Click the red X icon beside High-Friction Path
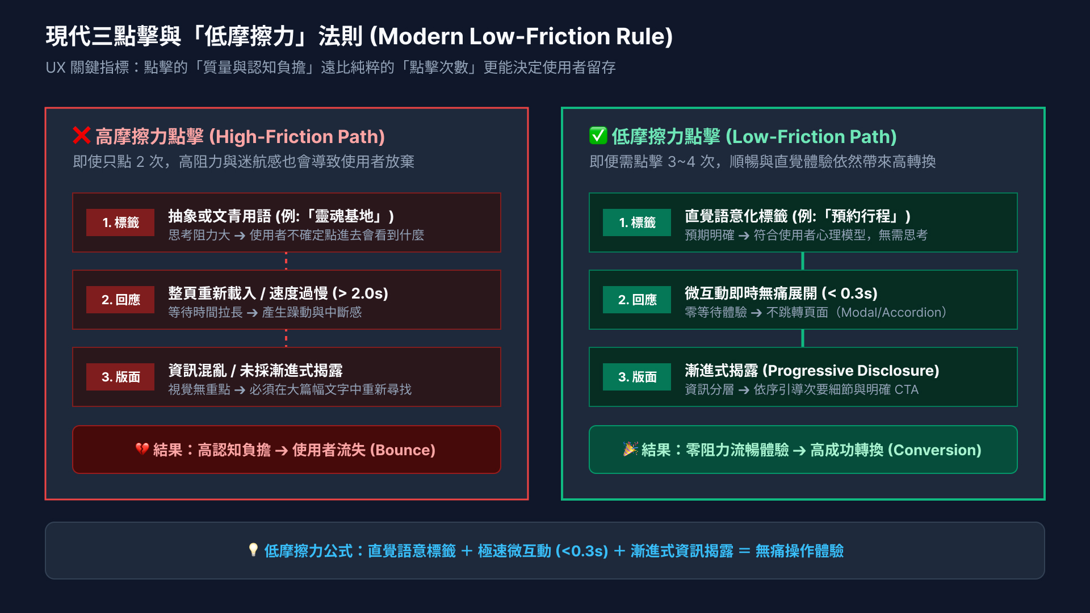[x=82, y=136]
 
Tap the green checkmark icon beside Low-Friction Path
[x=598, y=136]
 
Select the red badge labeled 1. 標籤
[x=120, y=222]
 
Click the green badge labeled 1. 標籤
[x=637, y=222]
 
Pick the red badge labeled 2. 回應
[x=120, y=300]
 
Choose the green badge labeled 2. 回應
[x=637, y=300]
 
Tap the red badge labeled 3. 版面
[x=120, y=377]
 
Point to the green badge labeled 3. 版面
[x=637, y=377]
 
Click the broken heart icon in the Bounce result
[x=142, y=450]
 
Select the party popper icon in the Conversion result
[x=630, y=449]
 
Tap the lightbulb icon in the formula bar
[x=253, y=550]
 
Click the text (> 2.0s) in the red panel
[x=360, y=293]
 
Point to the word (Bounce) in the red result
[x=403, y=450]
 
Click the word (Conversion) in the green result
[x=934, y=450]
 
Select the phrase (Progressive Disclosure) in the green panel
[x=851, y=371]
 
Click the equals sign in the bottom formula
[x=744, y=551]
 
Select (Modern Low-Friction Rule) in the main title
[x=521, y=36]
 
